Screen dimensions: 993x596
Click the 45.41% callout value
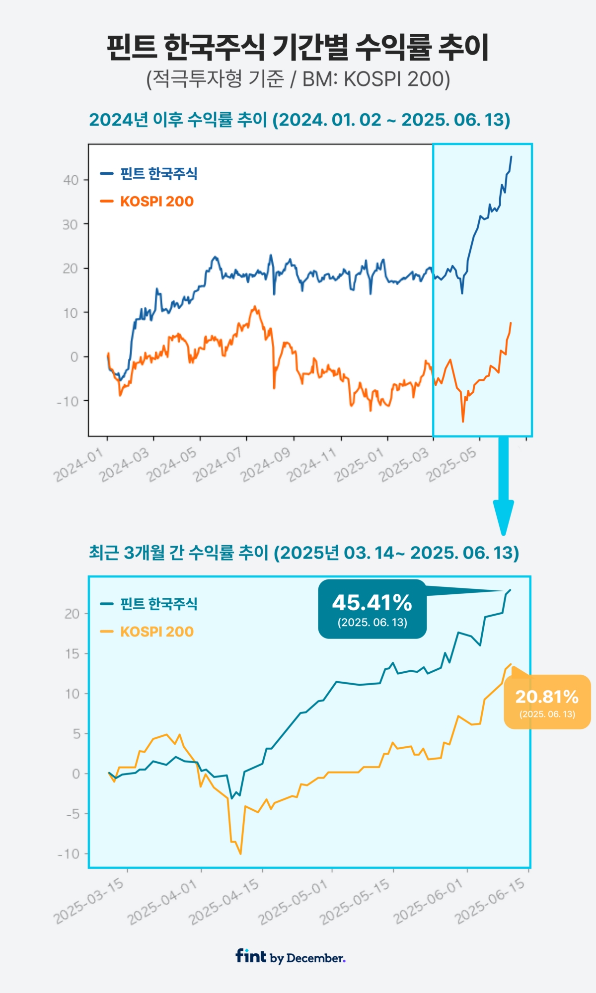click(372, 603)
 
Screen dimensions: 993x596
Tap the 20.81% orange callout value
click(547, 697)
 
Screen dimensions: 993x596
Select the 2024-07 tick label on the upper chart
click(218, 465)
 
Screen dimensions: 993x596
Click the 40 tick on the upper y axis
click(71, 180)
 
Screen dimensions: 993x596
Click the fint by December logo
click(291, 956)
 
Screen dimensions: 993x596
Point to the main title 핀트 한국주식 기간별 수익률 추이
click(298, 48)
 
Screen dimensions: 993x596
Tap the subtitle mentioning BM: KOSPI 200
click(298, 79)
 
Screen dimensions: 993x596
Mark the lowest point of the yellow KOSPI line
click(240, 853)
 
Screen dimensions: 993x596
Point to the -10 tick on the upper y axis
click(68, 401)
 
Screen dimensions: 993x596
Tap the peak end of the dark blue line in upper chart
click(512, 157)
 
